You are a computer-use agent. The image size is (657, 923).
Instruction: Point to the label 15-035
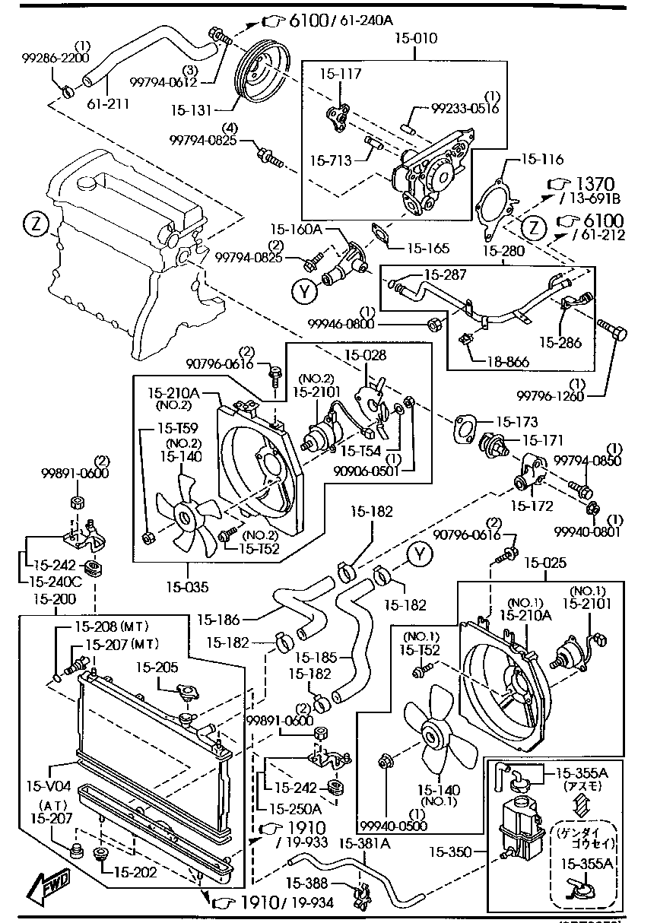[x=186, y=587]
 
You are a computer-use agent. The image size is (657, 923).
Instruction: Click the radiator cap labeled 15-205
[x=186, y=694]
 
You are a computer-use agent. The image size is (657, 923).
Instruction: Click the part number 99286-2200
[x=56, y=57]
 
